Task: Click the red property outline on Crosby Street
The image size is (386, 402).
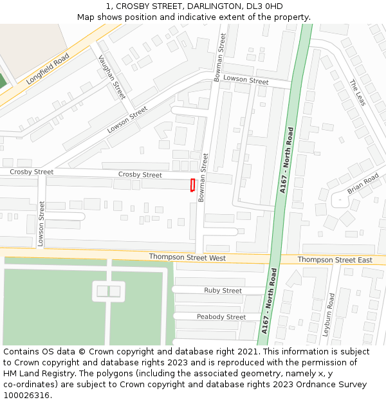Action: coord(192,185)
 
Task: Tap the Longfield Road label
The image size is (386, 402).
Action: coord(48,69)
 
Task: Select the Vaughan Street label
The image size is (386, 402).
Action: coord(111,77)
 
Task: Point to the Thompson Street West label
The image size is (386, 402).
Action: coord(187,257)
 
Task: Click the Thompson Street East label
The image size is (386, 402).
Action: coord(335,260)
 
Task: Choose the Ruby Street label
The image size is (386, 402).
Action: coord(223,291)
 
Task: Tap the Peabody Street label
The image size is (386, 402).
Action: coord(221,317)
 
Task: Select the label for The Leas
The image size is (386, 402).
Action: coord(357,93)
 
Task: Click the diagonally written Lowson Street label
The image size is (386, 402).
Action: coord(127,120)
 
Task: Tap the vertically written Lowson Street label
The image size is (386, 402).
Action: coord(41,224)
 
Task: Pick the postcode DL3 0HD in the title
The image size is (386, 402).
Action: coord(264,6)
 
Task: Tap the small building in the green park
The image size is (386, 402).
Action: coord(108,291)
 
